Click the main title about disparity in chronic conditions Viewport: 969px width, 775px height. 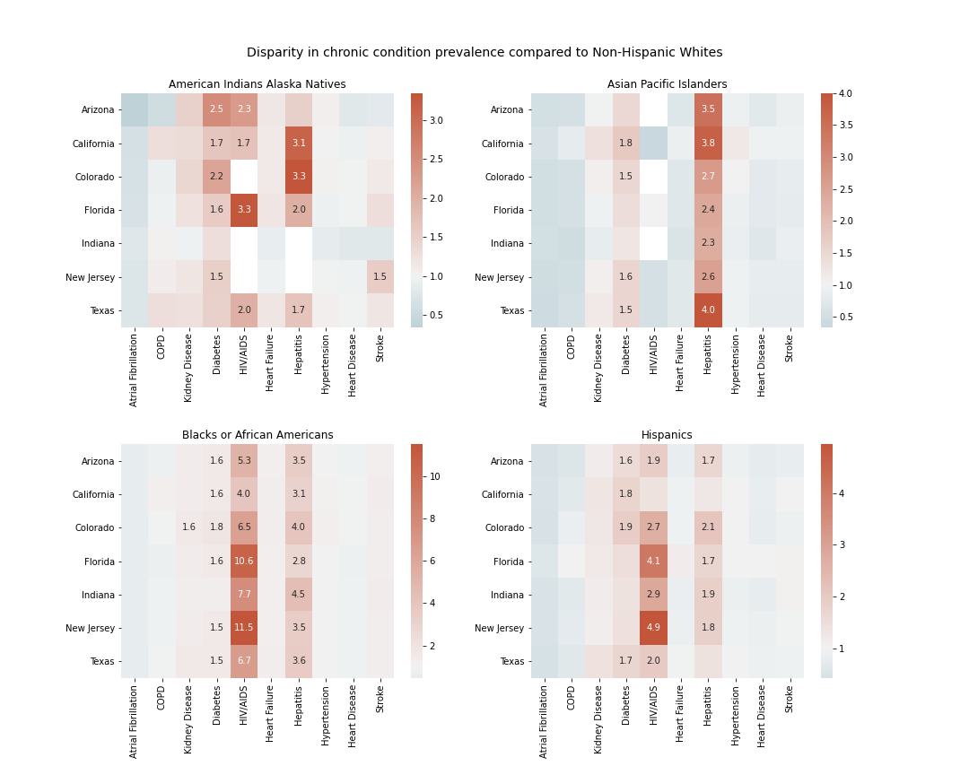click(x=484, y=53)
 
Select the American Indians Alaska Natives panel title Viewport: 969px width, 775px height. click(x=258, y=84)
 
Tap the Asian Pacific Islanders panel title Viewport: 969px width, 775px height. click(x=667, y=84)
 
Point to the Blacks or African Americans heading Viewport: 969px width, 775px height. click(x=258, y=435)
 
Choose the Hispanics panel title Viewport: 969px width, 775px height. click(x=667, y=435)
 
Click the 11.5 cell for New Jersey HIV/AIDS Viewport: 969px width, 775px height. click(x=244, y=628)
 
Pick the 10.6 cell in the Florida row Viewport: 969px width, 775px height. click(x=244, y=562)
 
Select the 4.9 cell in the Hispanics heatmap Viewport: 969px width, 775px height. click(x=653, y=628)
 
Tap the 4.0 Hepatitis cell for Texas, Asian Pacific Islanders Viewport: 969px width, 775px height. click(x=708, y=310)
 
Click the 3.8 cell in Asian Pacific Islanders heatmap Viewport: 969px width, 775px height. click(x=708, y=144)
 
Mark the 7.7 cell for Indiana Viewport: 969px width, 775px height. click(x=244, y=595)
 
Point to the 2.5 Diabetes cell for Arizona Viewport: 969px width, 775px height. click(x=216, y=109)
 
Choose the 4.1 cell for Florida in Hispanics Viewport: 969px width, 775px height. click(x=653, y=562)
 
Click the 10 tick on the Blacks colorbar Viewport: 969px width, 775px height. click(x=434, y=477)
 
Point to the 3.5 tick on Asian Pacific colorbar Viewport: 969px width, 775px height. click(x=844, y=126)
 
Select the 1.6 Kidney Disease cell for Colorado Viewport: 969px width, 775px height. click(x=188, y=528)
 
